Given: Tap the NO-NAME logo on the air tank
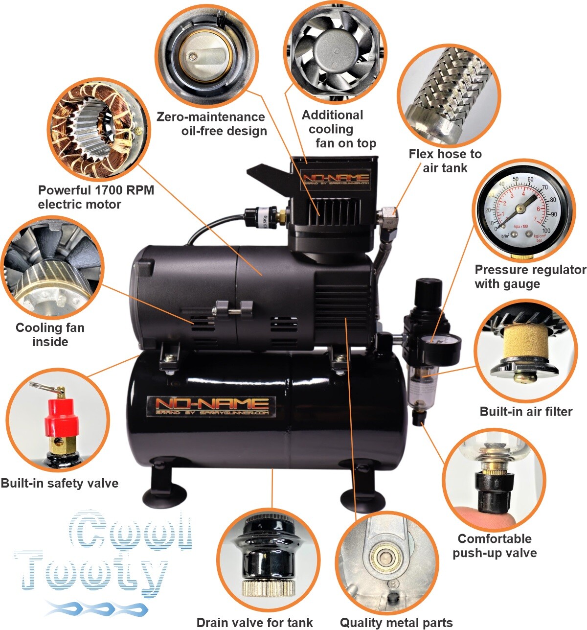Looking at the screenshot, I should coord(211,407).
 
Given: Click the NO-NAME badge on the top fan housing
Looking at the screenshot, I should coord(336,179).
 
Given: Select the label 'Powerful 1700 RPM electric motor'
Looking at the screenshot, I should coord(96,197).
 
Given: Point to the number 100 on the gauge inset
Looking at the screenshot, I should coord(546,231).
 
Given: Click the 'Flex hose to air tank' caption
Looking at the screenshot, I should coord(445,161).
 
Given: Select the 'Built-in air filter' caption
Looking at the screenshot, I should coord(526,412).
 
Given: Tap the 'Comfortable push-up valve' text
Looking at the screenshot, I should coord(495,546).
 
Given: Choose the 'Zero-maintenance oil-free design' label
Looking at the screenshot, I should coord(211,124).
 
